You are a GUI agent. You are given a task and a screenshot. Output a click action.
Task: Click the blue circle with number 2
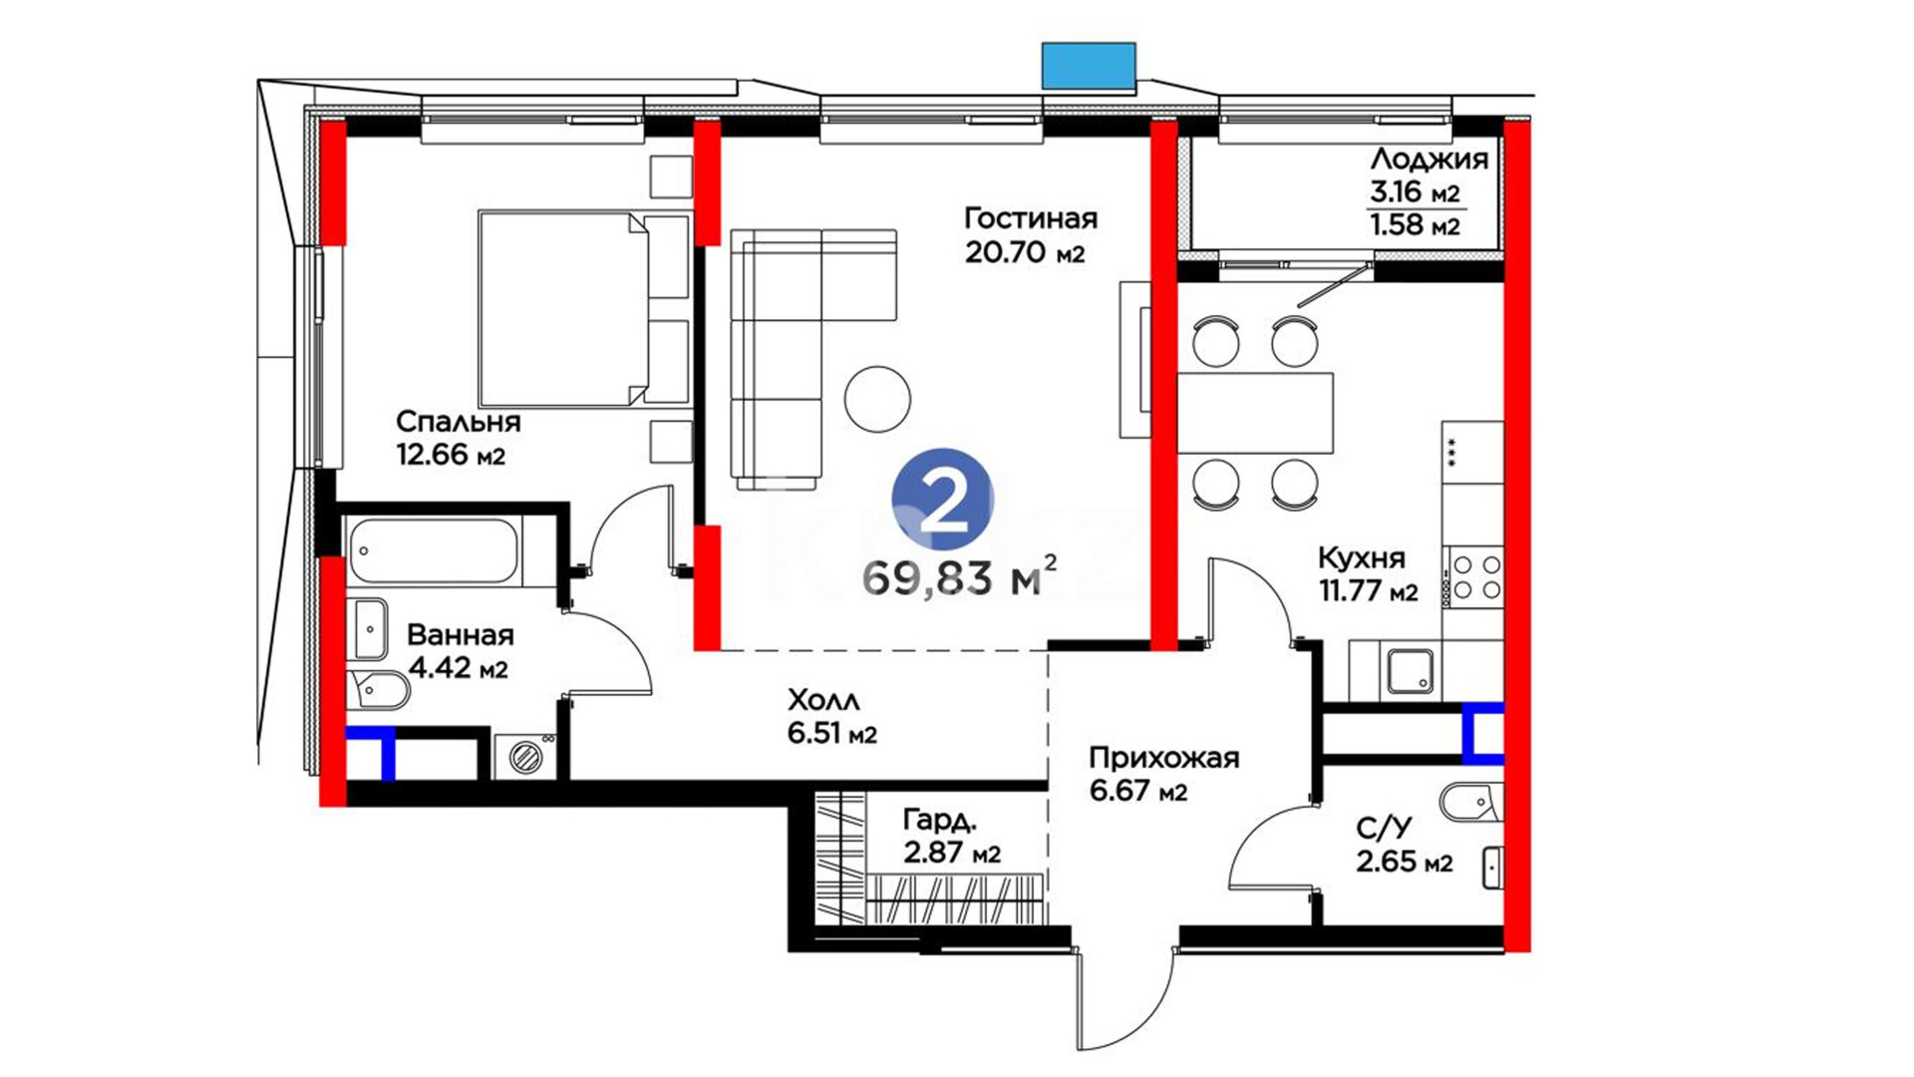click(942, 502)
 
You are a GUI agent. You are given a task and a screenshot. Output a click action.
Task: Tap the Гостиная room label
click(1031, 218)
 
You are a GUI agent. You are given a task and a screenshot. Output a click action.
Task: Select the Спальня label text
click(459, 422)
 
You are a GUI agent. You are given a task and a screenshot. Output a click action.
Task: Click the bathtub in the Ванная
click(434, 549)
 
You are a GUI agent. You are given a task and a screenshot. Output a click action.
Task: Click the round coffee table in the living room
click(877, 399)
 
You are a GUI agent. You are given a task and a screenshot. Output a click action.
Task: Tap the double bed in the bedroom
click(584, 308)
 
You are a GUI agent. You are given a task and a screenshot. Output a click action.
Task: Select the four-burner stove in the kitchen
click(1474, 576)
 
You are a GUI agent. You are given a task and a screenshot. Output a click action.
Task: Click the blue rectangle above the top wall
click(1089, 66)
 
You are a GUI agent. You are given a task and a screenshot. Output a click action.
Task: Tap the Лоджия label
click(1429, 160)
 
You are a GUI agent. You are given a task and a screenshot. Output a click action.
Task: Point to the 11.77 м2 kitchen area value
click(1368, 591)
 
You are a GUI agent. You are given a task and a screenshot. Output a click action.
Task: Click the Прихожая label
click(1163, 758)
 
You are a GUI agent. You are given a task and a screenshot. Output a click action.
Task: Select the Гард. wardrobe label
click(939, 821)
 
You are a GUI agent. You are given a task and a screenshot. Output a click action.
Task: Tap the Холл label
click(823, 700)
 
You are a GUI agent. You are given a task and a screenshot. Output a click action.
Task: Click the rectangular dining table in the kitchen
click(1255, 413)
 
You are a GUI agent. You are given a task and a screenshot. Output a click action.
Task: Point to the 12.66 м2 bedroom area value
click(451, 456)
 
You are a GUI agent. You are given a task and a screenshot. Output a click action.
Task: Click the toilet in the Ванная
click(380, 688)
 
